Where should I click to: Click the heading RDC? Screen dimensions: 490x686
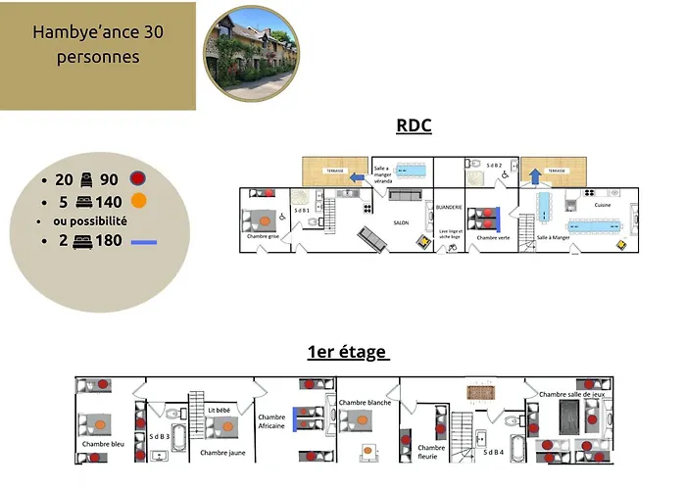pyautogui.click(x=414, y=125)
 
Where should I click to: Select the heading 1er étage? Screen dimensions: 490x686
pyautogui.click(x=348, y=353)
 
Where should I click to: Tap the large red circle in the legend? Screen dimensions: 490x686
pyautogui.click(x=137, y=180)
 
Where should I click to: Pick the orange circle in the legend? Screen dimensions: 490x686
pyautogui.click(x=140, y=202)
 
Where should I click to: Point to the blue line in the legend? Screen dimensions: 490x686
pyautogui.click(x=143, y=241)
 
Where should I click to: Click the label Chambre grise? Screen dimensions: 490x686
pyautogui.click(x=264, y=236)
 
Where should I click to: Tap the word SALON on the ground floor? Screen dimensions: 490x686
pyautogui.click(x=401, y=222)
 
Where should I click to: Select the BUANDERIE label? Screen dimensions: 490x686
pyautogui.click(x=449, y=207)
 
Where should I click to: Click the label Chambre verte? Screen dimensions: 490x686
pyautogui.click(x=492, y=237)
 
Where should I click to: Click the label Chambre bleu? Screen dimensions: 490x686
pyautogui.click(x=103, y=444)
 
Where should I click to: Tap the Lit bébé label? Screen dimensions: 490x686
pyautogui.click(x=220, y=410)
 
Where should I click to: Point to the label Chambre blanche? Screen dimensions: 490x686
pyautogui.click(x=365, y=402)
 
